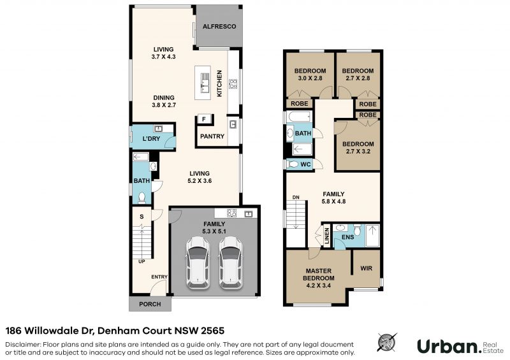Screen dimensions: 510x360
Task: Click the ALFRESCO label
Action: point(219,26)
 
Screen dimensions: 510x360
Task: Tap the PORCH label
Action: point(150,304)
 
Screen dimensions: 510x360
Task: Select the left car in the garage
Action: point(198,263)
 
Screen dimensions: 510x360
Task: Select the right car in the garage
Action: point(231,263)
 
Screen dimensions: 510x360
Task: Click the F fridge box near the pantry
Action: point(204,119)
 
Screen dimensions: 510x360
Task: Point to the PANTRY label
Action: point(212,136)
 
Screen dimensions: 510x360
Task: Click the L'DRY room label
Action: point(151,138)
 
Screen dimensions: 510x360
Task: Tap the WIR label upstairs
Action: point(366,268)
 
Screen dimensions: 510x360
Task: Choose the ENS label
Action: point(347,237)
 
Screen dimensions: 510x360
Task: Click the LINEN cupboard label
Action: point(327,236)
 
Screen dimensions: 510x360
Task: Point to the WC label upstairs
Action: point(305,164)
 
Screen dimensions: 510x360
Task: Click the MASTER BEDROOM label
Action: point(318,275)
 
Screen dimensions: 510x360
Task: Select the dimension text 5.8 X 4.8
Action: point(333,201)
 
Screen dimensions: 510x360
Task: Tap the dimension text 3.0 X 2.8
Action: point(310,78)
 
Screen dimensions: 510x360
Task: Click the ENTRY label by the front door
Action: point(159,277)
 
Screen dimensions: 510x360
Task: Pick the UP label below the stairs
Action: point(142,261)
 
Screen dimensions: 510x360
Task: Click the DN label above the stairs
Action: point(296,198)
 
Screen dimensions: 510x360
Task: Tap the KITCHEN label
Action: point(219,83)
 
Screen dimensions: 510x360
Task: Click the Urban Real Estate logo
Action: point(460,346)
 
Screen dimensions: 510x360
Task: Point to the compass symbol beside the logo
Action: point(387,342)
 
